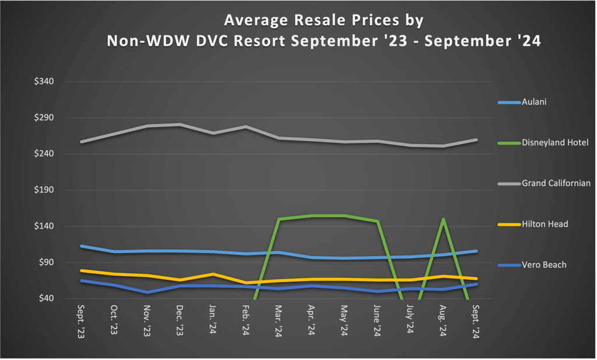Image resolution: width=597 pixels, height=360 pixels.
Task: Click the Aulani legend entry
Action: [534, 102]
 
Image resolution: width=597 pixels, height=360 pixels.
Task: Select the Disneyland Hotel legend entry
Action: [555, 142]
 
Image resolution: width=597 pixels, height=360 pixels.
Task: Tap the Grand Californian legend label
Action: [556, 183]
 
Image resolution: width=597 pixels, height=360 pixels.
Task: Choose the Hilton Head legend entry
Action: [545, 224]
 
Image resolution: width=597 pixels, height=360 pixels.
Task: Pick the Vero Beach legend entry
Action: [544, 265]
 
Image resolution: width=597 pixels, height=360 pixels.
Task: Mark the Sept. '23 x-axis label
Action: [80, 321]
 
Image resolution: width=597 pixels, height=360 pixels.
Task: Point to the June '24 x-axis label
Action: [377, 321]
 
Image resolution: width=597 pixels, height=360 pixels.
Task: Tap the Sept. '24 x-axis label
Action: [476, 321]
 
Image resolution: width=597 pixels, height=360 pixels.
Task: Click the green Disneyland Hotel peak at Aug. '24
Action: [444, 219]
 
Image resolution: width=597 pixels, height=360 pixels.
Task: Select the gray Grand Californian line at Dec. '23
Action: [180, 124]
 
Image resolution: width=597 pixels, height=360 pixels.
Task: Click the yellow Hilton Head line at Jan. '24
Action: [213, 274]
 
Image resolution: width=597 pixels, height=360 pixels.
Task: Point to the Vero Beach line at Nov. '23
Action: [147, 292]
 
